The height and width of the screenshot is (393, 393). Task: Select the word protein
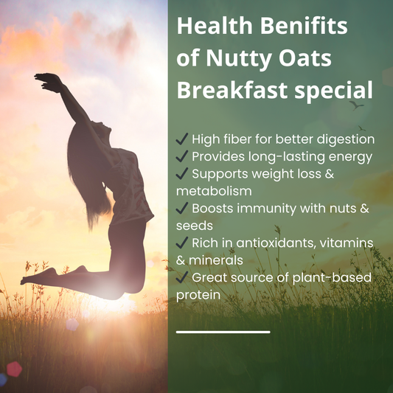[x=198, y=294]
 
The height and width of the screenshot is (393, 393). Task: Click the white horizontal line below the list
[x=223, y=332]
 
